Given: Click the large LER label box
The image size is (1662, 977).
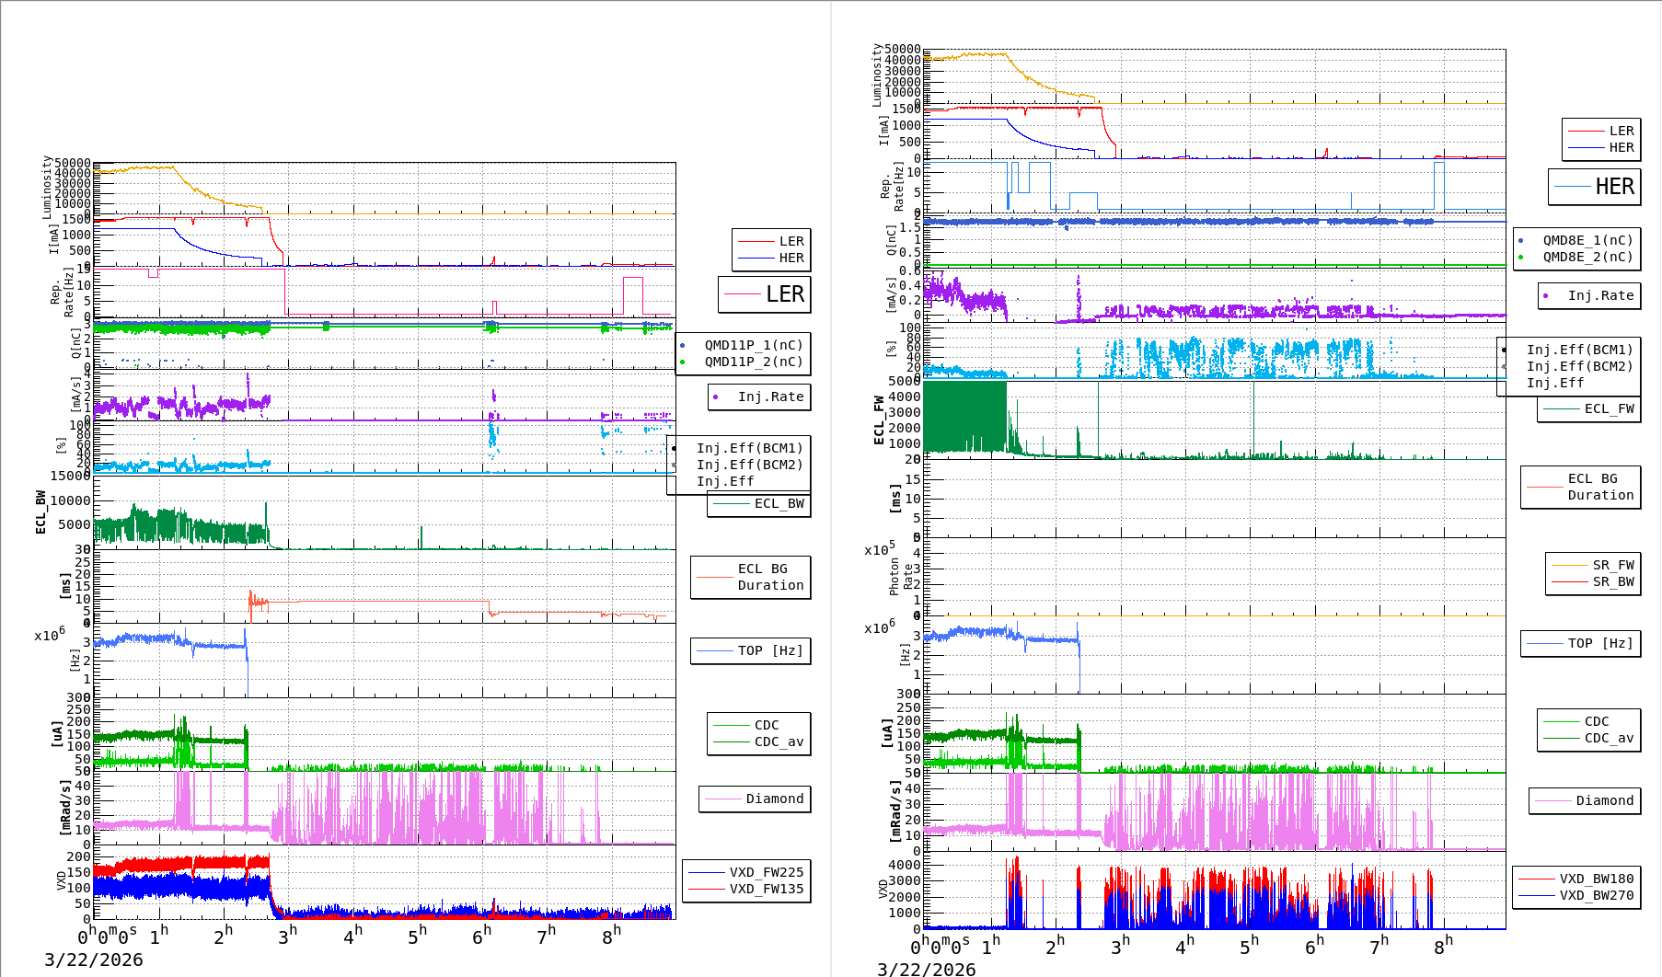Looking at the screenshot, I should pos(765,294).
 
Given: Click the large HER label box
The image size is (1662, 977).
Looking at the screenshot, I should pos(1595,187).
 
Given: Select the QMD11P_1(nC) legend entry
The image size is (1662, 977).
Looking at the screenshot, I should pos(753,345).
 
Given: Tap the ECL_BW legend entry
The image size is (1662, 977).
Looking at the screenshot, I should pos(779,503).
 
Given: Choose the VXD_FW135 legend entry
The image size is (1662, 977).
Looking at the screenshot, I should pos(766,889).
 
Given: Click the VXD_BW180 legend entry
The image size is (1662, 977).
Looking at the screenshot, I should pos(1596,879).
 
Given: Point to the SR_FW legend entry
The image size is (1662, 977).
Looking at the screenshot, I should pos(1613,565).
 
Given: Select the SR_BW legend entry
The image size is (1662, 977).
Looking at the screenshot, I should pos(1613,581).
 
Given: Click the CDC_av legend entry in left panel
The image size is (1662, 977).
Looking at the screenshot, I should pos(779,741).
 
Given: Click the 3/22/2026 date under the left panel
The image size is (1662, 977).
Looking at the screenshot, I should pos(94,960).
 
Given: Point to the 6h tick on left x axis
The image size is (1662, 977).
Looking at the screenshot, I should pos(481,937).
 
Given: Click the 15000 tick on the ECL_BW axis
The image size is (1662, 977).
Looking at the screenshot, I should pos(71,476).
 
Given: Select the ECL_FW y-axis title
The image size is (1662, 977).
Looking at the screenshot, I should pos(879,420).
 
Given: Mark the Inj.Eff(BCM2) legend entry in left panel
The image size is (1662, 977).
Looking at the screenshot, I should pos(749,465).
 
